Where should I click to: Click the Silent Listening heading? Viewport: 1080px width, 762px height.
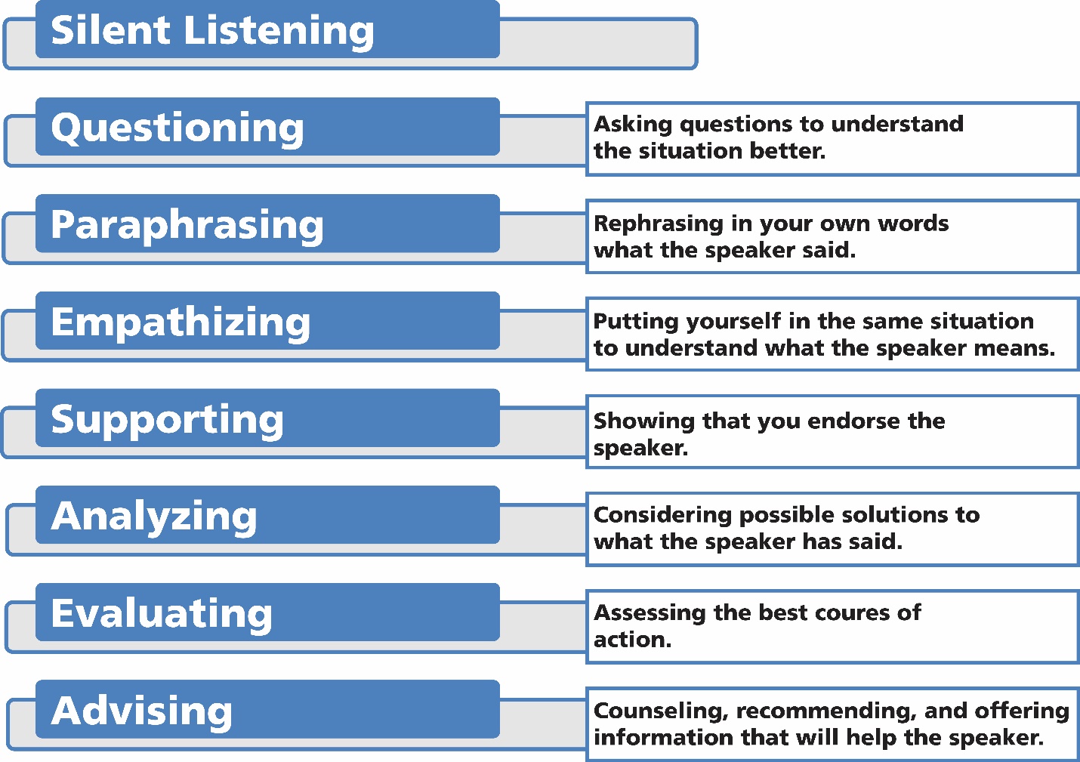(x=212, y=31)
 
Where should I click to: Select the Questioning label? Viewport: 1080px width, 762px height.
(x=177, y=128)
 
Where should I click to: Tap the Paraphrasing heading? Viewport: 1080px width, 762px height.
(x=187, y=225)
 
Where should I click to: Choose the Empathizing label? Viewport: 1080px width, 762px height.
(x=181, y=322)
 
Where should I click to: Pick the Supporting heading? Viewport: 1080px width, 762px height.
(x=167, y=420)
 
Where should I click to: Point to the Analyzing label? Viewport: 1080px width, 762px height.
(x=154, y=517)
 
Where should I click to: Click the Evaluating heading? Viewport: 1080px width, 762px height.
(x=162, y=613)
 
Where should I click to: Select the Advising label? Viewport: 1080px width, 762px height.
(x=142, y=711)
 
